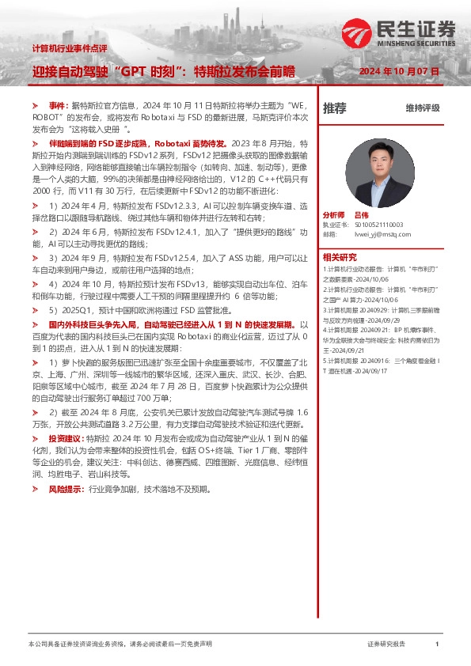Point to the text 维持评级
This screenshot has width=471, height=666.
(x=422, y=108)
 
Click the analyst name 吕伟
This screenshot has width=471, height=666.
(x=361, y=215)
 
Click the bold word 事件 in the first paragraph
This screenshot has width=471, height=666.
(x=58, y=105)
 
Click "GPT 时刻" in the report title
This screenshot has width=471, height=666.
(x=149, y=71)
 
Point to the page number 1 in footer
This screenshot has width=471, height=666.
(x=437, y=645)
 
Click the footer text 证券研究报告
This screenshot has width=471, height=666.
(x=386, y=645)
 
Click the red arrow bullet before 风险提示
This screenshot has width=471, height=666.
(x=36, y=490)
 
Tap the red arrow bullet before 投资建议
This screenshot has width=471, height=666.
(x=36, y=437)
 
